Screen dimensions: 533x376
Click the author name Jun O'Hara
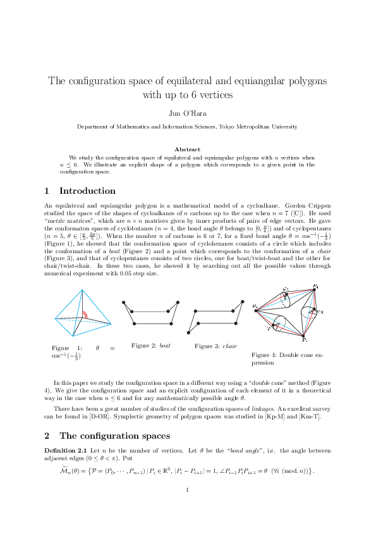(x=187, y=113)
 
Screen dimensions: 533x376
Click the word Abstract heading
(x=187, y=149)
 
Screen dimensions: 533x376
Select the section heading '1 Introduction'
(x=80, y=191)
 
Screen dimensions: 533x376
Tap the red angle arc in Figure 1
(x=82, y=315)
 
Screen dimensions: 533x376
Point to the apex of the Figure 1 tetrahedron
(x=83, y=290)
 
